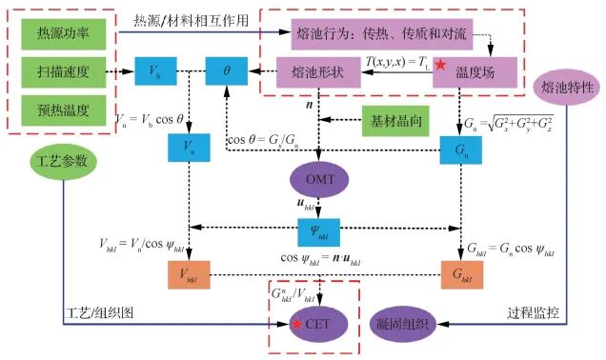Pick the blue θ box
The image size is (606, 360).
[x=227, y=71]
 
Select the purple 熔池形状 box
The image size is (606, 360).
[x=313, y=72]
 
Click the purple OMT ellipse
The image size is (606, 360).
[x=318, y=178]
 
